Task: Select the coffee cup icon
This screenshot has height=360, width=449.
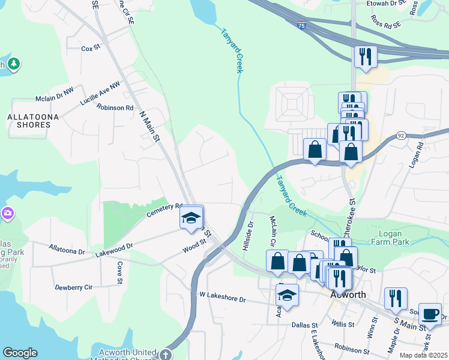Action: (x=429, y=314)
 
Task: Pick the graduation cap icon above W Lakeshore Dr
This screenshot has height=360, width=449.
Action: (x=288, y=296)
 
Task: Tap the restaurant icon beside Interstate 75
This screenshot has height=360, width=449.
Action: (x=365, y=57)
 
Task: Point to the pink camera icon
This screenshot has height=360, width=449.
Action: (x=7, y=213)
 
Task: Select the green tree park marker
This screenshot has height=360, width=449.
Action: (x=13, y=63)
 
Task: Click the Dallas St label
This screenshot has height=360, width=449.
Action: (x=304, y=325)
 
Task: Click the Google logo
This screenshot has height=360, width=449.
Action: (x=20, y=353)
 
